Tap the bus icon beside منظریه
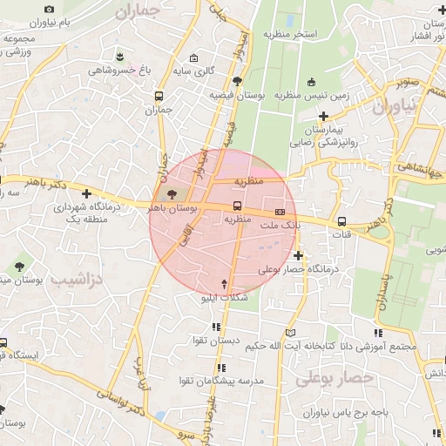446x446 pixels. click(x=237, y=205)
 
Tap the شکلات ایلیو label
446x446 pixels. click(x=226, y=298)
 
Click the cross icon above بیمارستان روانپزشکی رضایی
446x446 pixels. click(x=323, y=115)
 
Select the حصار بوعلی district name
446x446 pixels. click(x=334, y=379)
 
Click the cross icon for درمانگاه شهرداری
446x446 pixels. click(x=86, y=193)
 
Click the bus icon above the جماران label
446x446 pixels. click(x=159, y=97)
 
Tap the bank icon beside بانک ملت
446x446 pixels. click(x=280, y=212)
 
